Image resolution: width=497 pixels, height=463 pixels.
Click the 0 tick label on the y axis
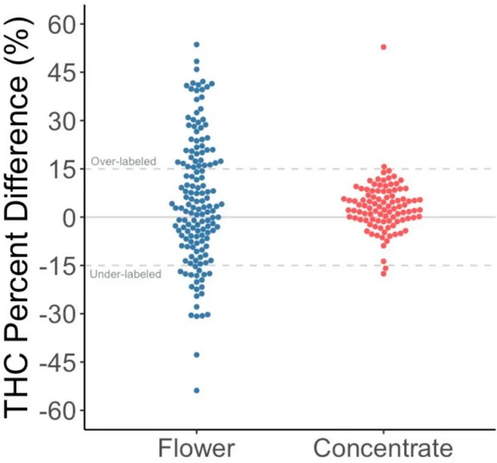point(70,217)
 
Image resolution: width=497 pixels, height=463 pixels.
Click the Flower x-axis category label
point(196,447)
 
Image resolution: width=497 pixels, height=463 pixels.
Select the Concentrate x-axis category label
point(383,447)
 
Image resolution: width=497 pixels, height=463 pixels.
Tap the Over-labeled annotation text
point(123,162)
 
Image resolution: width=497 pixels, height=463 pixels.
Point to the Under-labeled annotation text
point(126,274)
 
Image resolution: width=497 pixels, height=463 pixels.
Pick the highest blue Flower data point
point(196,44)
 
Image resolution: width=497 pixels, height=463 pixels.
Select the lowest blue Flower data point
point(196,390)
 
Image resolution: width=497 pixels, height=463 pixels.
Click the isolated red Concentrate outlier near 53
point(384,47)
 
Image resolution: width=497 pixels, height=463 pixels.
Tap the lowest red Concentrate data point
point(384,274)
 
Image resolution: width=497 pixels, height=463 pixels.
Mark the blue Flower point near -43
point(196,355)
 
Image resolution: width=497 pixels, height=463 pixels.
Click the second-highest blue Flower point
point(196,61)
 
